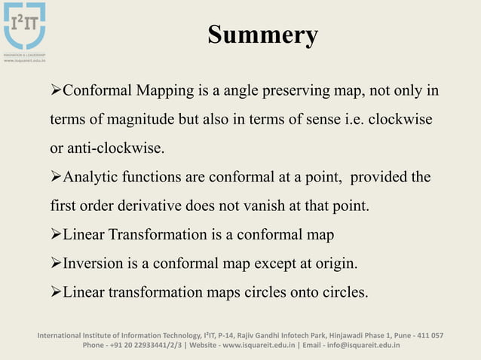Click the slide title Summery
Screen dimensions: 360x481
(x=262, y=35)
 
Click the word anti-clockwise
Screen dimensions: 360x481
(x=115, y=148)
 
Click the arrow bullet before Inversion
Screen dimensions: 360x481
(x=55, y=264)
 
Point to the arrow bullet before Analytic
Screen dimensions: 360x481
(x=55, y=178)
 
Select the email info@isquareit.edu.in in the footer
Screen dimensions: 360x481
(x=361, y=346)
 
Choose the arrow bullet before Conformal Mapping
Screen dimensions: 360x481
(x=55, y=92)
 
